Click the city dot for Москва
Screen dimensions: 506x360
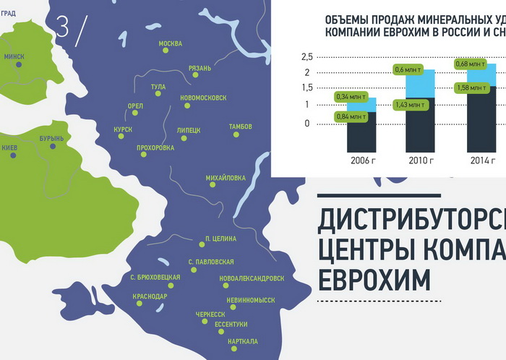(x=166, y=51)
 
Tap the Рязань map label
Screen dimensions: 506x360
(x=200, y=68)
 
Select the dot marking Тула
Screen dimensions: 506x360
(x=158, y=93)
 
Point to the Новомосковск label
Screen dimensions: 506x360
(x=203, y=98)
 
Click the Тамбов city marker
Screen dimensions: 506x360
(x=236, y=134)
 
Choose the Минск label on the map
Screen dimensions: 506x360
(x=14, y=56)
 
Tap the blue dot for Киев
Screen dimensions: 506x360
(x=13, y=155)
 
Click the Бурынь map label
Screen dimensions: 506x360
(x=51, y=139)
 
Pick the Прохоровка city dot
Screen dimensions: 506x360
(x=144, y=155)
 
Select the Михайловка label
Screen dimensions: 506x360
(x=226, y=178)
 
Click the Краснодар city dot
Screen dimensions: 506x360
(x=140, y=304)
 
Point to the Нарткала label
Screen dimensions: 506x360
(x=243, y=341)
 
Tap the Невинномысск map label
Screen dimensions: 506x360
(x=251, y=300)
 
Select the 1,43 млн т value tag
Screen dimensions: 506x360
(x=411, y=105)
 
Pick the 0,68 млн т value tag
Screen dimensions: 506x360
(x=470, y=64)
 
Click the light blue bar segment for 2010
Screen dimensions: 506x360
(x=420, y=83)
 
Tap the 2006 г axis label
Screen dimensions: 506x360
(x=363, y=160)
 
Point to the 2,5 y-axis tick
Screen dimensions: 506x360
(x=307, y=57)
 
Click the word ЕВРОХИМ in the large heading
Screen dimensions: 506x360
(x=374, y=279)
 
